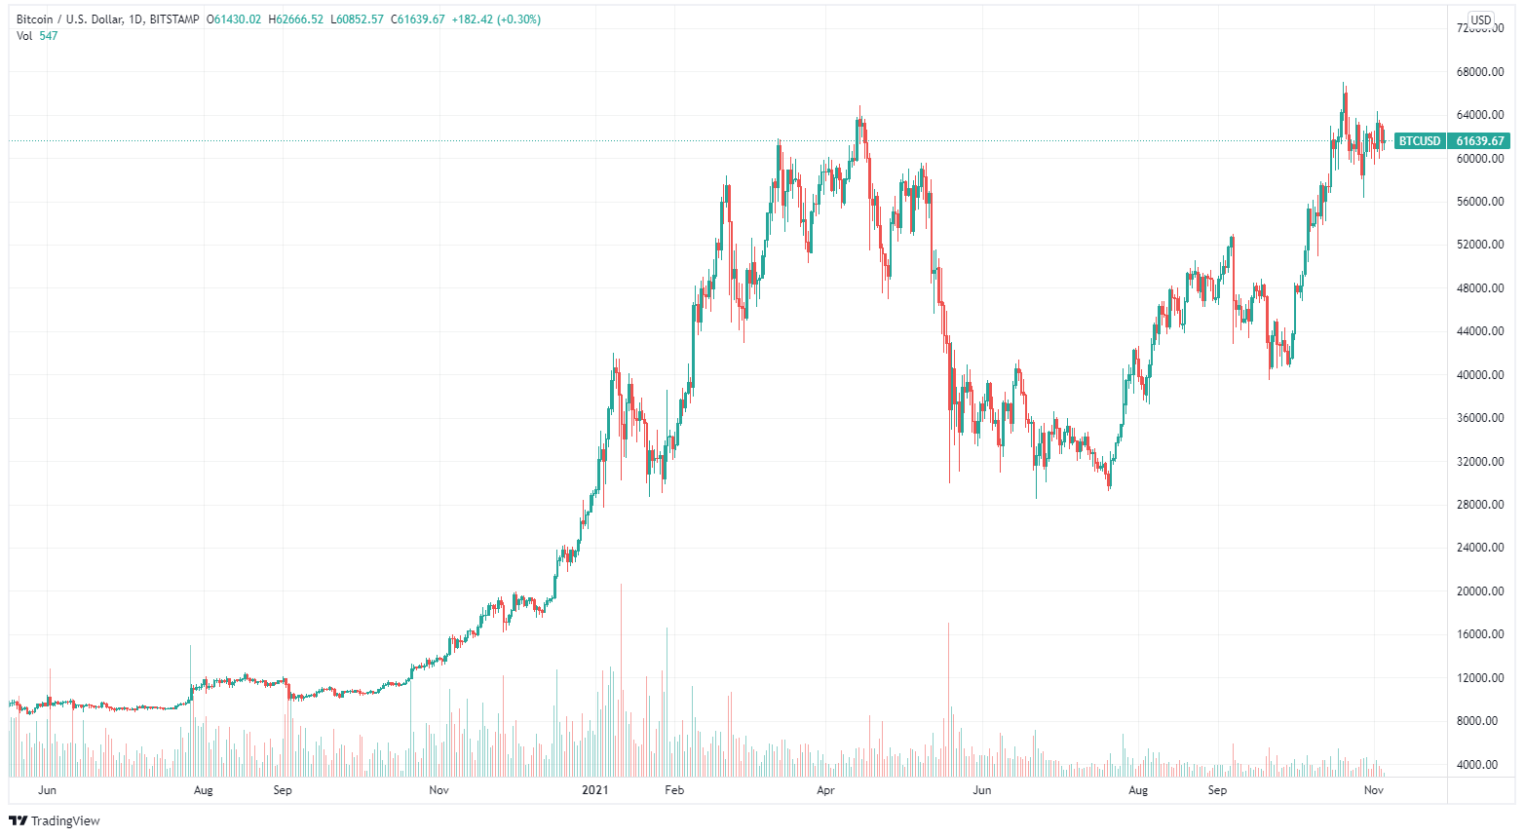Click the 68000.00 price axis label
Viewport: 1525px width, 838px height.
pyautogui.click(x=1479, y=72)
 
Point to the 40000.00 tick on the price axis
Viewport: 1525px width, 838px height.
pyautogui.click(x=1479, y=375)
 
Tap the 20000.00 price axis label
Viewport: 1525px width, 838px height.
pyautogui.click(x=1479, y=591)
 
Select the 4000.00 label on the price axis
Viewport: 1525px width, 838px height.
pyautogui.click(x=1482, y=765)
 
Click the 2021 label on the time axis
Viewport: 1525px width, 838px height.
pyautogui.click(x=594, y=790)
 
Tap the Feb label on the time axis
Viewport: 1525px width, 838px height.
pyautogui.click(x=674, y=790)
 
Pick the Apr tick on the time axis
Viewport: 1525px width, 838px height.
pyautogui.click(x=826, y=790)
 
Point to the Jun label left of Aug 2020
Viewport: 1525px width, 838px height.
pyautogui.click(x=47, y=790)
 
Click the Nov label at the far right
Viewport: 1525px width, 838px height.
pyautogui.click(x=1373, y=790)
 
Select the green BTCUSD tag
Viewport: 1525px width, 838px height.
pyautogui.click(x=1419, y=141)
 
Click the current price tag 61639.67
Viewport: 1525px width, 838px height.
pyautogui.click(x=1480, y=141)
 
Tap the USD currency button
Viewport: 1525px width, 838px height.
pyautogui.click(x=1480, y=19)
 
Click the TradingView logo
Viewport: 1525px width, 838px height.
pyautogui.click(x=55, y=820)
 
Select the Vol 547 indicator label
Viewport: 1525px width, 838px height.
pyautogui.click(x=37, y=36)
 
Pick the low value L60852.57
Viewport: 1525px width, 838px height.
pyautogui.click(x=359, y=19)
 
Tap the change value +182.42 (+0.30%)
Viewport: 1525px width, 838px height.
pyautogui.click(x=496, y=19)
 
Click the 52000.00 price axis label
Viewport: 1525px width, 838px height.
pyautogui.click(x=1479, y=245)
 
